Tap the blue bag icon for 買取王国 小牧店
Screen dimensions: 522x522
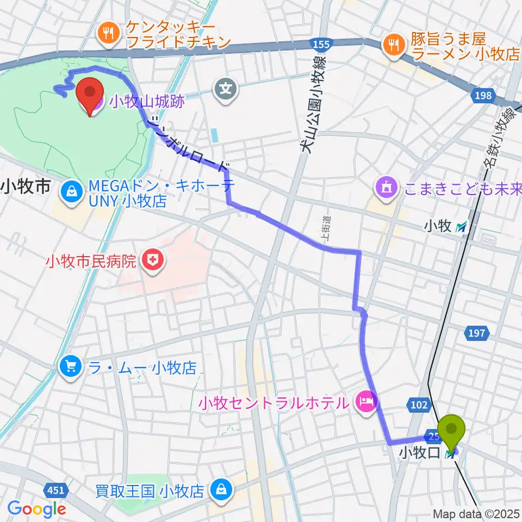point(222,491)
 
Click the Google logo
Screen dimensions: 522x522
point(37,508)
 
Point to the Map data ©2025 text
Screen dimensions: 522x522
point(477,514)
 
